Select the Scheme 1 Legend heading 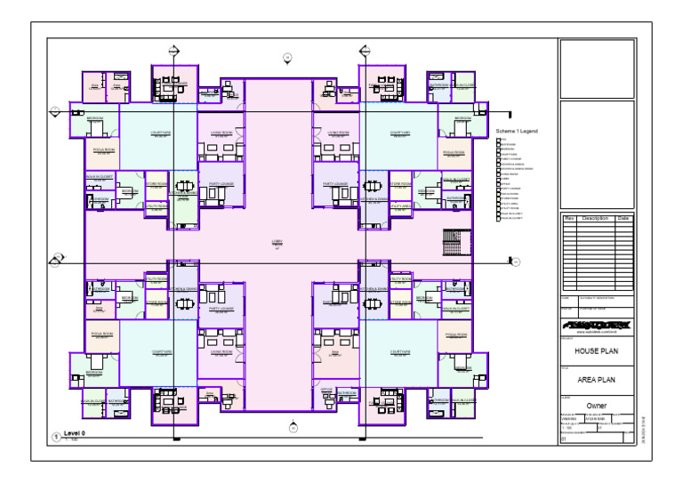[x=517, y=132]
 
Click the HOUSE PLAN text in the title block [x=596, y=350]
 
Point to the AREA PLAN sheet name [x=596, y=378]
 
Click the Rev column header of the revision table [x=568, y=218]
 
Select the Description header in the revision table [x=595, y=218]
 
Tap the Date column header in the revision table [x=623, y=218]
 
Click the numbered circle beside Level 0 [x=56, y=437]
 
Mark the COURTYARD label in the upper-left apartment [x=161, y=134]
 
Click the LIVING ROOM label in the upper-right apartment [x=338, y=133]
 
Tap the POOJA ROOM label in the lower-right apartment [x=455, y=334]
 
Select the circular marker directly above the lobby [x=287, y=58]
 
